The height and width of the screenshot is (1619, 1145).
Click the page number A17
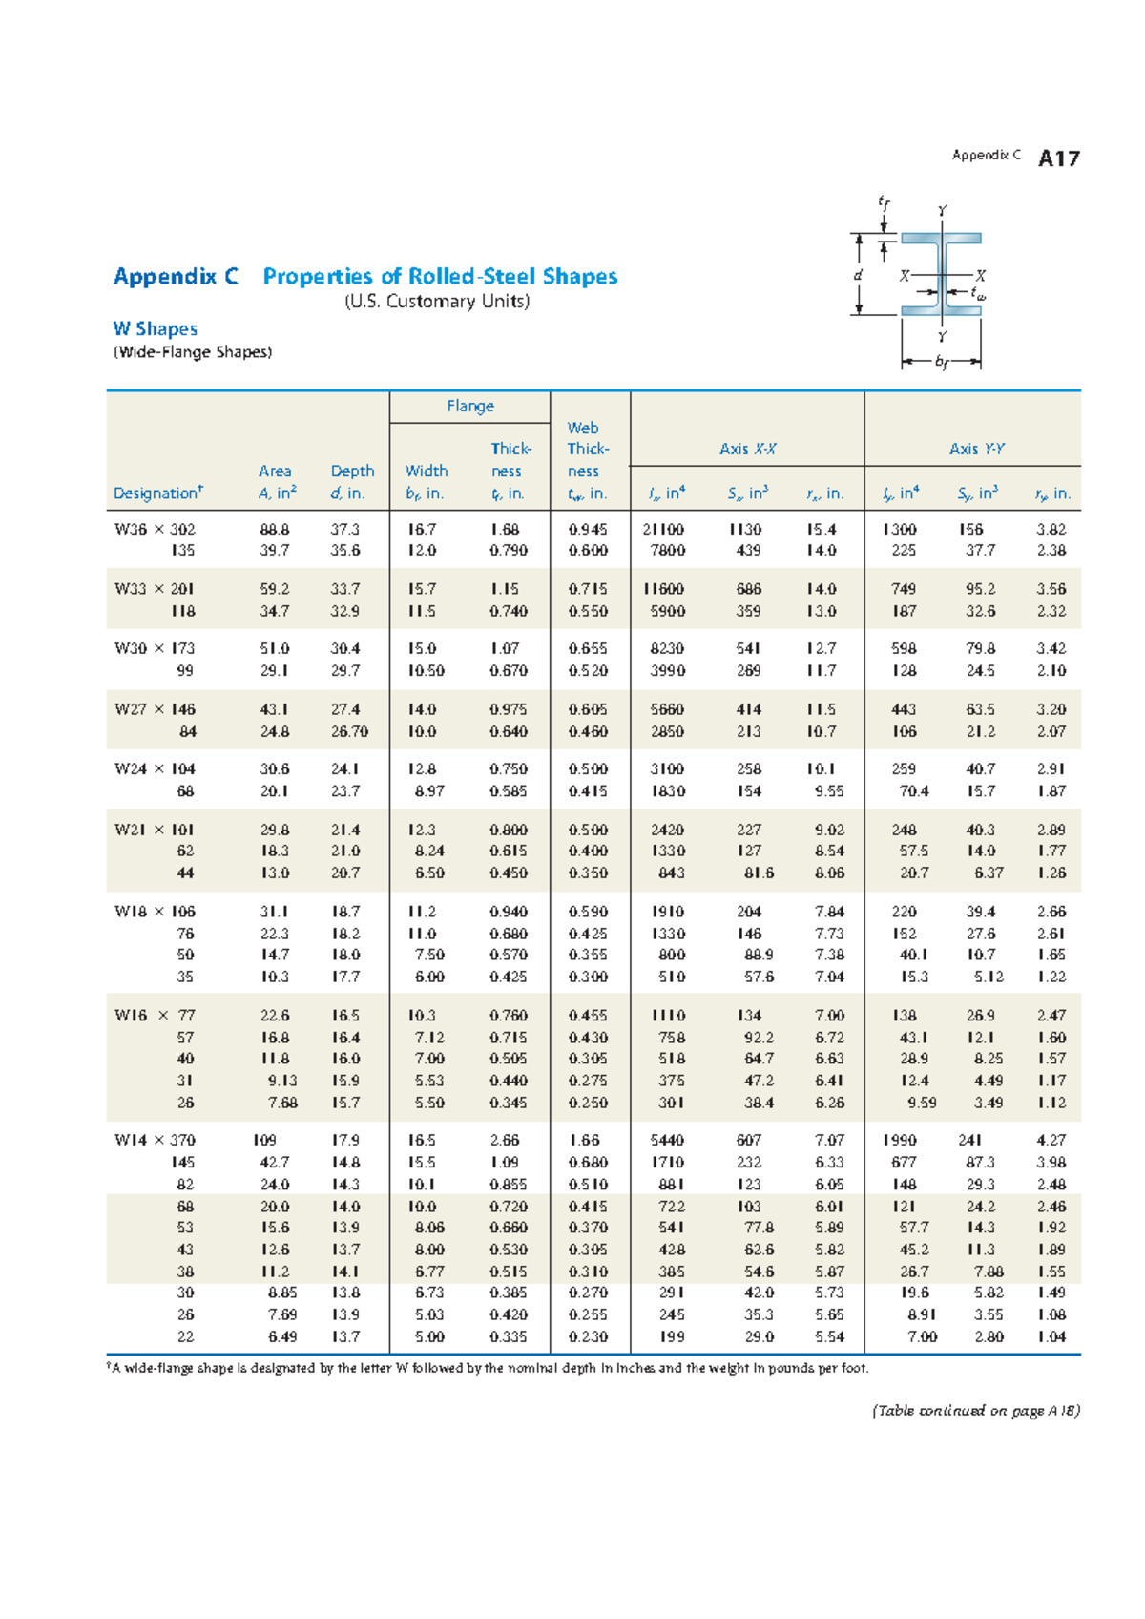coord(1058,158)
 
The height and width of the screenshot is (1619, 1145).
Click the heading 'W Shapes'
coord(155,328)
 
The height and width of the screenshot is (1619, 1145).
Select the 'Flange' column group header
coord(469,406)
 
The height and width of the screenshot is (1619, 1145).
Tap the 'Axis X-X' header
coord(747,449)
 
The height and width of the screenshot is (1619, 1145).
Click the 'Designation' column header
coord(157,493)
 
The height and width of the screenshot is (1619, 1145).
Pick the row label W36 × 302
coord(155,529)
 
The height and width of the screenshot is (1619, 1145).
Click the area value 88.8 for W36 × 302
coord(275,529)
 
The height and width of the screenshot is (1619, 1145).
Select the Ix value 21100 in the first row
coord(663,529)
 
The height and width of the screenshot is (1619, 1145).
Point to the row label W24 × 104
coord(155,768)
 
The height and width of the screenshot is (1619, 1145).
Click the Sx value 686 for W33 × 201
coord(748,589)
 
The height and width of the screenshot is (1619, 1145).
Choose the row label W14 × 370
coord(155,1140)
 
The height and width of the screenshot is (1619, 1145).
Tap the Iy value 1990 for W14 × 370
coord(899,1140)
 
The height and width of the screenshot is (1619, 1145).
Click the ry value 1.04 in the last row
coord(1051,1336)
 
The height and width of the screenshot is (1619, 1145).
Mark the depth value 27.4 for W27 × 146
coord(345,709)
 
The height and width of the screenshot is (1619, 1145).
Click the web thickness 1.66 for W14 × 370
coord(584,1140)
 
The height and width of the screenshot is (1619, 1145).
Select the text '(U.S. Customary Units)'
coord(436,302)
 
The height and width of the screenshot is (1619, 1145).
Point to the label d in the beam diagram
coord(858,275)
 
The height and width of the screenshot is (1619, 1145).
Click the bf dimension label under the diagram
coord(942,362)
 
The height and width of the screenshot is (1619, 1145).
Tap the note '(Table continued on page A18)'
coord(975,1410)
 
